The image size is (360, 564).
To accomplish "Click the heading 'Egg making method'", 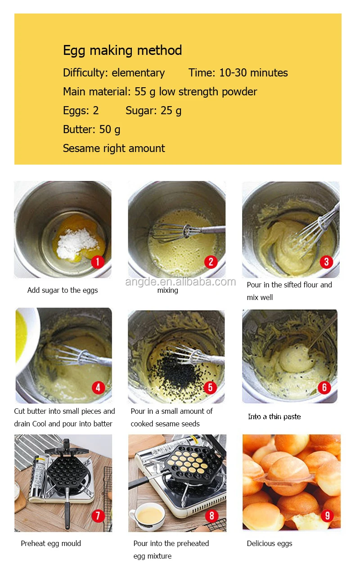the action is coord(122,50).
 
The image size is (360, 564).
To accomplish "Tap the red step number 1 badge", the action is coord(98,262).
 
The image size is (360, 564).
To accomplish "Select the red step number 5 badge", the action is coord(210,388).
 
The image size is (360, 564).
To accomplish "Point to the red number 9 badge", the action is coord(327,516).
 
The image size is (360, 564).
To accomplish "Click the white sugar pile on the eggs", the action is coord(77,243).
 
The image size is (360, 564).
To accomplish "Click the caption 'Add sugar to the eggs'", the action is coord(63,290).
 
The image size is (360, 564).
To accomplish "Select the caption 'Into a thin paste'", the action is coord(274,417).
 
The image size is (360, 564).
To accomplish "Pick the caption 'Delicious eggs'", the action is coord(270,544).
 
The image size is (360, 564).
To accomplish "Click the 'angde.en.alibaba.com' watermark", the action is coord(180,282).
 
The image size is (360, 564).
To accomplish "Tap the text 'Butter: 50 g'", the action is coord(91,130).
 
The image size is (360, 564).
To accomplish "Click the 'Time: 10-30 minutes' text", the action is coord(238,73).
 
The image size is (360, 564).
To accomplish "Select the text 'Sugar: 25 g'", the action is coord(153,111).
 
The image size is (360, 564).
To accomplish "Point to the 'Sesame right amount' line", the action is coord(114,148).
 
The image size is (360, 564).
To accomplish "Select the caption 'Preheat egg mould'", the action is coord(51,543).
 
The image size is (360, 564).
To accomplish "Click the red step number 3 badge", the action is coord(326,262).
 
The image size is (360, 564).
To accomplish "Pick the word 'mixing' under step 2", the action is coord(167,291).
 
